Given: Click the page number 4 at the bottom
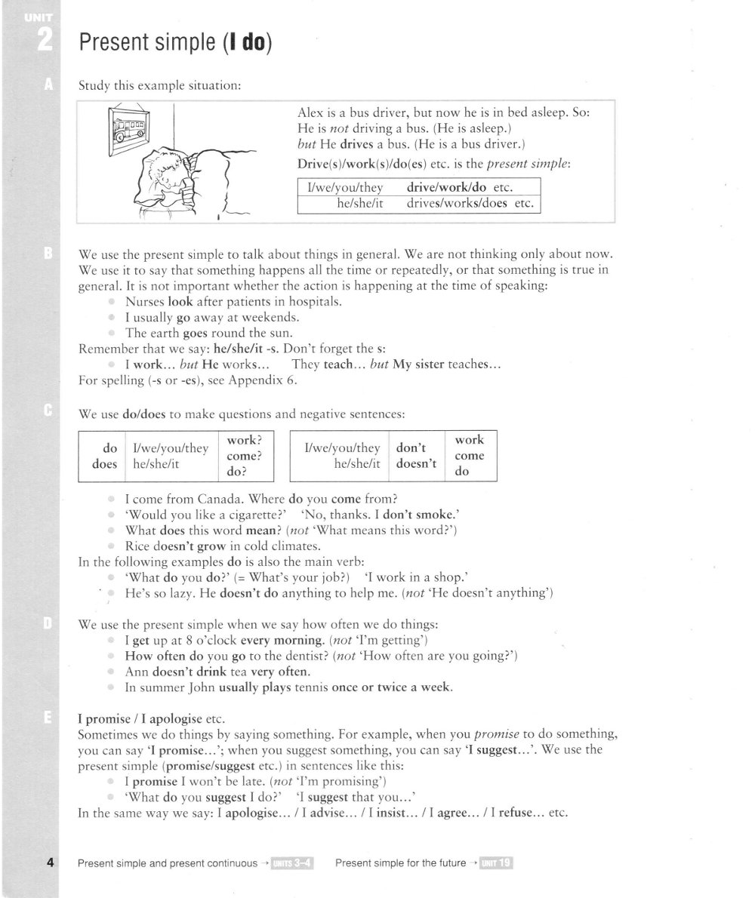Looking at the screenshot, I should pos(49,863).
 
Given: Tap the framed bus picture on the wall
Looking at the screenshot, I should pos(128,130).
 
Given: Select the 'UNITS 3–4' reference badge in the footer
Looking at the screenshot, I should pos(293,863).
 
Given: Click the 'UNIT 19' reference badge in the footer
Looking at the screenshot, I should pos(496,863).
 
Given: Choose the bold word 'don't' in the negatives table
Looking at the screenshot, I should pos(411,447).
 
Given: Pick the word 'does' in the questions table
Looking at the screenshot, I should pos(104,464).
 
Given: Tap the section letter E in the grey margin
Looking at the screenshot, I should pos(48,718).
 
